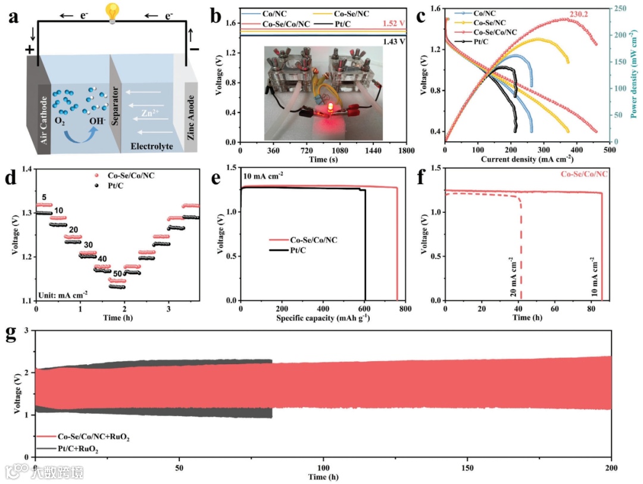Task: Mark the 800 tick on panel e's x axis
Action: (405, 310)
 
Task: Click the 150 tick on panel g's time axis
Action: (468, 469)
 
